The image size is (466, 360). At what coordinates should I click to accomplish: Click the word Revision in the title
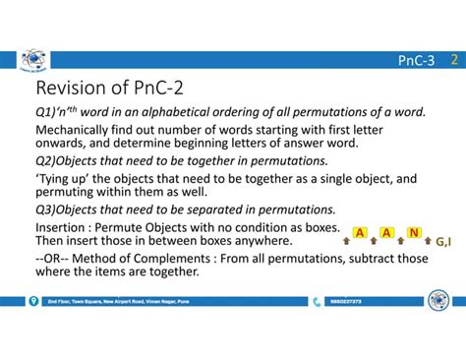74,91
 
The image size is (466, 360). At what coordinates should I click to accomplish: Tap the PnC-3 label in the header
416,62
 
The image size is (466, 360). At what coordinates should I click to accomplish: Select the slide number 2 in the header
452,61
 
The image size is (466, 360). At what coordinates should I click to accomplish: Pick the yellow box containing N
414,233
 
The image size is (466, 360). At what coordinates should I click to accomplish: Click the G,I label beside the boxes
443,240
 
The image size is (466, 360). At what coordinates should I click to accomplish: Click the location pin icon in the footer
33,301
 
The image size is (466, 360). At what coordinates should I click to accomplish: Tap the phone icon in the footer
317,301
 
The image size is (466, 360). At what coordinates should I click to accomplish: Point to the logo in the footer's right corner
438,300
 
